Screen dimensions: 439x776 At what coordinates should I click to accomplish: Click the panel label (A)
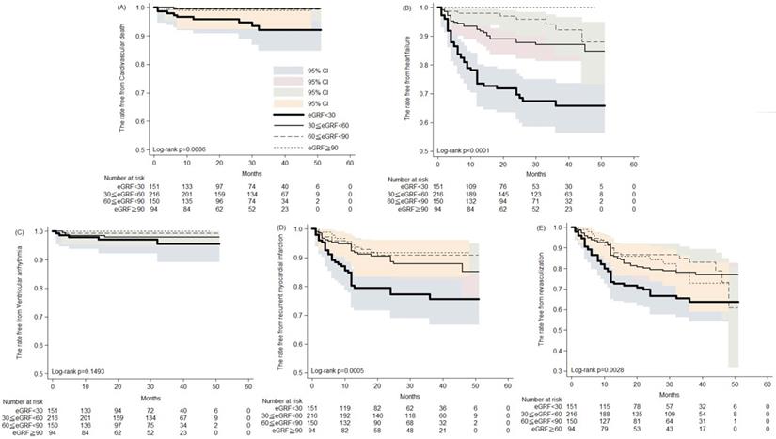tap(121, 8)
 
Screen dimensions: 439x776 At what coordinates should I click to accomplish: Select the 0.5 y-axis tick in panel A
tap(143, 149)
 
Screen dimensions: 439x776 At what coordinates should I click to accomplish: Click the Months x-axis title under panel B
tap(534, 172)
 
